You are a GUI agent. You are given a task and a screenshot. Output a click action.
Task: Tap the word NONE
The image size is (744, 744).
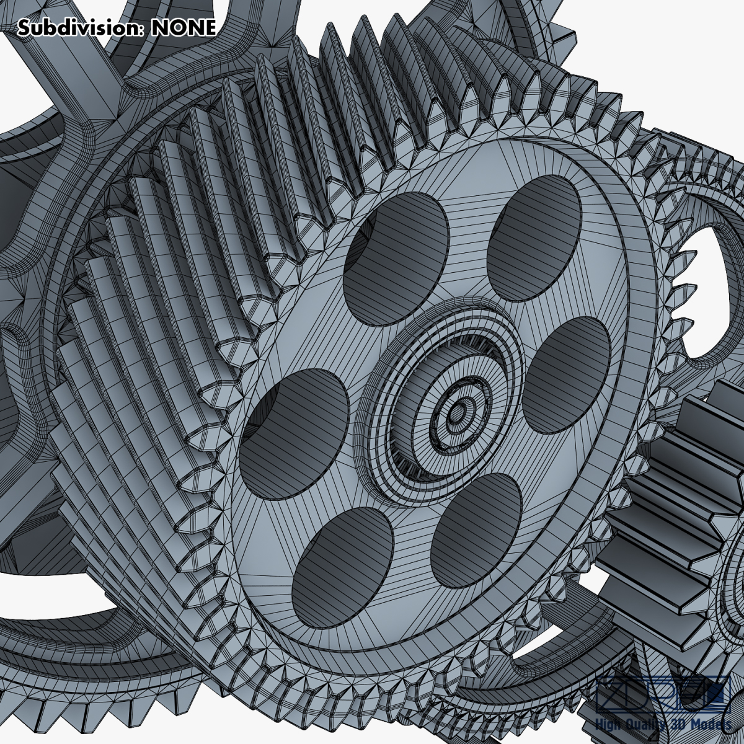click(x=183, y=28)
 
